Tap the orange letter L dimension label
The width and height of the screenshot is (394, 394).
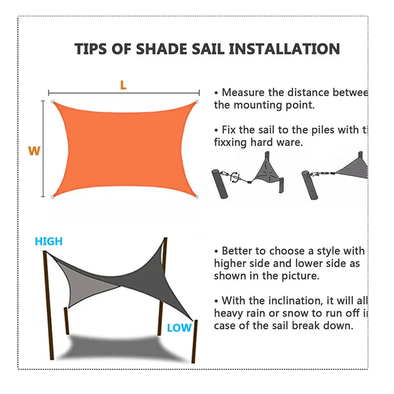123,85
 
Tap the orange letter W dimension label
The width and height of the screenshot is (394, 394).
34,151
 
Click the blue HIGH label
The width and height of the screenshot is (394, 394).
48,242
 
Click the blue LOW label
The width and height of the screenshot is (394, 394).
179,328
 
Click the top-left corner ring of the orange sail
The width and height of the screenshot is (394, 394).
52,102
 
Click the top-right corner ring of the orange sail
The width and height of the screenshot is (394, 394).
197,102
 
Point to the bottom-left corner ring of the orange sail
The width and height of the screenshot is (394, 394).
52,197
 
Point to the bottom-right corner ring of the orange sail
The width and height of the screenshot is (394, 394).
197,197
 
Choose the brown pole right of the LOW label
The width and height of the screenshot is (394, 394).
195,341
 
